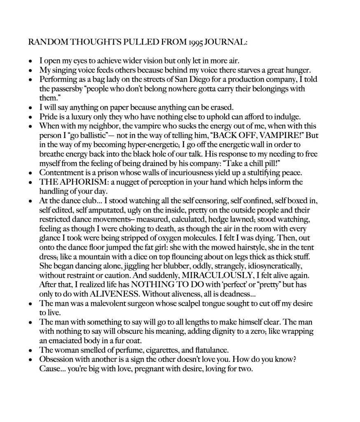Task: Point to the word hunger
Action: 294,70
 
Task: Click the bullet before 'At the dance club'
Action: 31,200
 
